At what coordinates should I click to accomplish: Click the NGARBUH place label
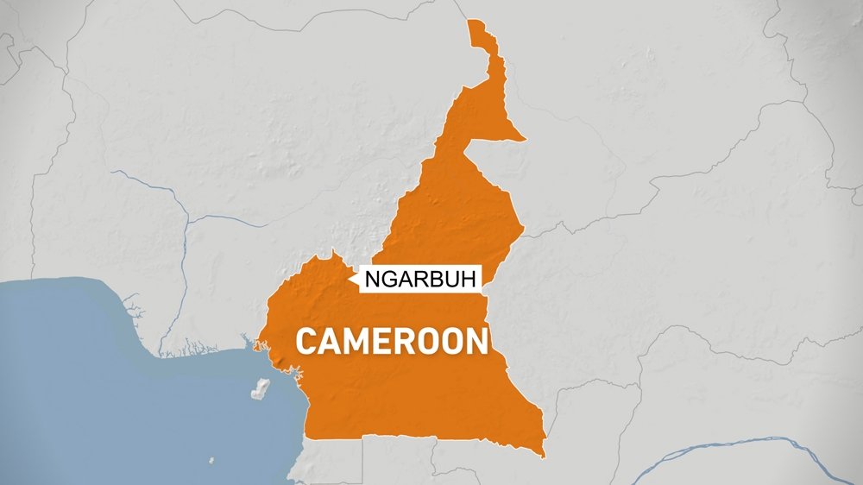[419, 279]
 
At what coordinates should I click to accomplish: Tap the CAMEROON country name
[392, 341]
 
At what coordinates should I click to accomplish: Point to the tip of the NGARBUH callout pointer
[350, 278]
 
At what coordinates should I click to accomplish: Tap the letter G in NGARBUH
[387, 279]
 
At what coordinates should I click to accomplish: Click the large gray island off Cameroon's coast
[260, 389]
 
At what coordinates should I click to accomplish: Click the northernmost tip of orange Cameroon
[471, 20]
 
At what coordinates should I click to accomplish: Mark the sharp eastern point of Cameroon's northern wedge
[525, 139]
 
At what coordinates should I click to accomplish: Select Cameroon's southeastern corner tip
[545, 457]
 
